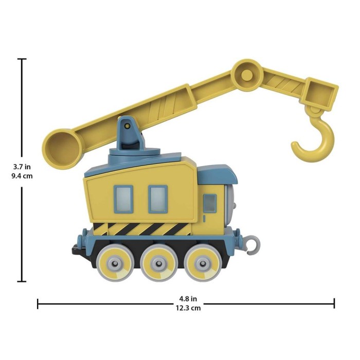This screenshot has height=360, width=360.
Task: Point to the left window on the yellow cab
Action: pos(123,197)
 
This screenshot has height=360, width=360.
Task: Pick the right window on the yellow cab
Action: pos(157,197)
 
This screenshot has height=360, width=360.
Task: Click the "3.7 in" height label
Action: pos(21,167)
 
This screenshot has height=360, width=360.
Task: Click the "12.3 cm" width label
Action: pos(186,308)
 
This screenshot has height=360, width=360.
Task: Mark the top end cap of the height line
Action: pos(22,59)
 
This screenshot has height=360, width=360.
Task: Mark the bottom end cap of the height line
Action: pos(22,281)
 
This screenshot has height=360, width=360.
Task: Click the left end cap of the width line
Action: pos(38,303)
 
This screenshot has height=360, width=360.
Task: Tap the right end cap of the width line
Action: pos(334,303)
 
